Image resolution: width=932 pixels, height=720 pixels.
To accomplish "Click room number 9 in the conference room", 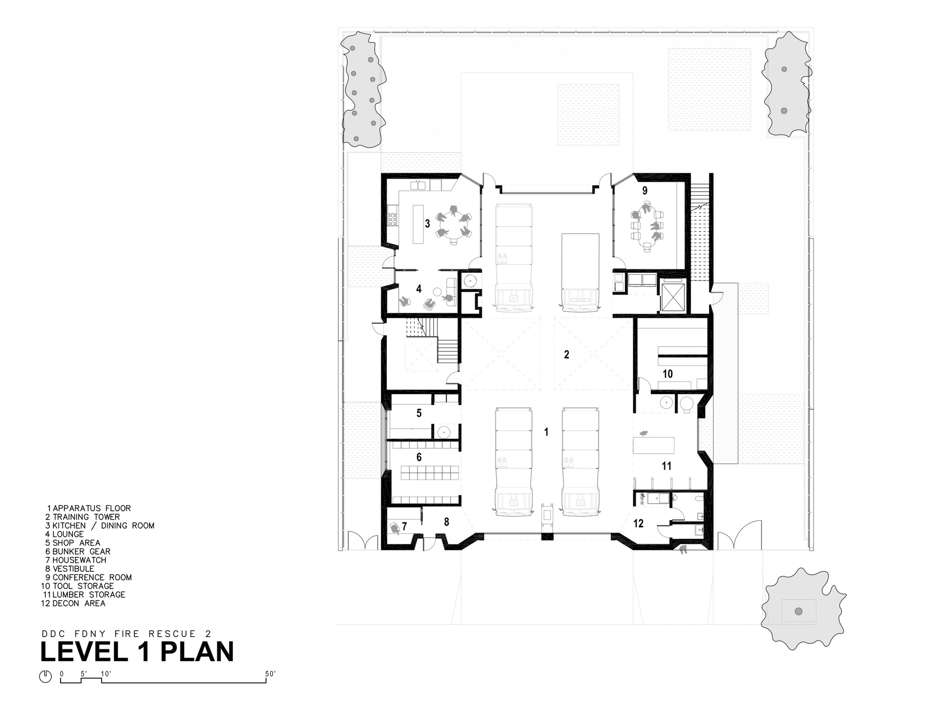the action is tap(645, 191).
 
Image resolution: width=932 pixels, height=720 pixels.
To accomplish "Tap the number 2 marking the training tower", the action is tap(567, 355).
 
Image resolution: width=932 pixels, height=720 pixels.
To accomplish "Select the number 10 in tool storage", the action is tap(668, 374).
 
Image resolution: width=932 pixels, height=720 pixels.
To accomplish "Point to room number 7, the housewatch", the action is tap(404, 527).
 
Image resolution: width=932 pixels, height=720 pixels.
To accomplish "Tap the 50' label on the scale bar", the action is tap(271, 674).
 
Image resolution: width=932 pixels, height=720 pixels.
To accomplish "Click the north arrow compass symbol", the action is tap(45, 677).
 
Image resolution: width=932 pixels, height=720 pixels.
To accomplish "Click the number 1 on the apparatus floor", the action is tap(546, 432).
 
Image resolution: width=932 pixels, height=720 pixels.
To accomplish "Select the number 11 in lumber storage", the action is tap(666, 466).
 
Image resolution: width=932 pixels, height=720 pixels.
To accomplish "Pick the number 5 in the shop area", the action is tap(419, 413).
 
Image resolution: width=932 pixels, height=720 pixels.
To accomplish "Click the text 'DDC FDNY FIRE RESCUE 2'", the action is tap(127, 634).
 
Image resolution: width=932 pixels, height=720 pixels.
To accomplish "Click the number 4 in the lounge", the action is tap(419, 289).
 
